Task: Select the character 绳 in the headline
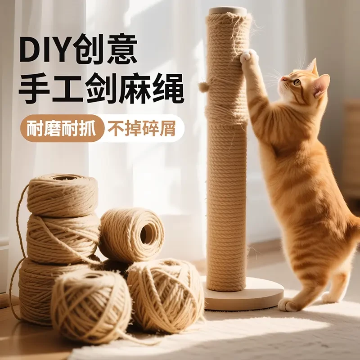point(167,90)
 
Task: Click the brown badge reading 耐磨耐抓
point(62,128)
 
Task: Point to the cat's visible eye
point(297,82)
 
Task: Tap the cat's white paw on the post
point(247,57)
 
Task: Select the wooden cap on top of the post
point(227,11)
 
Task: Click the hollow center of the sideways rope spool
point(147,234)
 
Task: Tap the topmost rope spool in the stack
point(62,194)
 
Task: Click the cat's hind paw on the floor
point(288,305)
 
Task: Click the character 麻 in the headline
point(134,90)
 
